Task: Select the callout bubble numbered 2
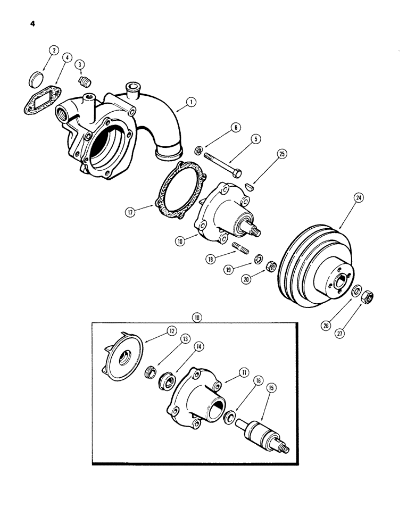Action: [x=53, y=51]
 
